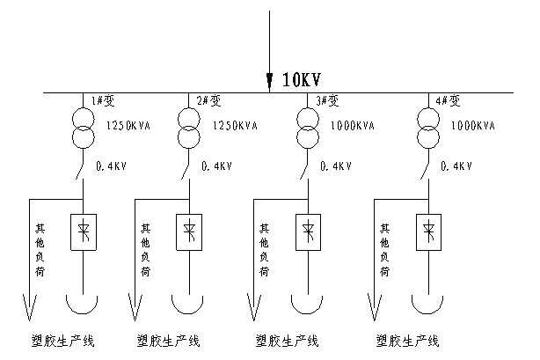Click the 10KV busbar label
pyautogui.click(x=302, y=80)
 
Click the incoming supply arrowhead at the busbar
pyautogui.click(x=270, y=82)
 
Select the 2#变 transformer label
pyautogui.click(x=208, y=99)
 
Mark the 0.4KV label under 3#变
pyautogui.click(x=336, y=165)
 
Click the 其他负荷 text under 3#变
pyautogui.click(x=263, y=250)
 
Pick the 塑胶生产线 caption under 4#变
pyautogui.click(x=407, y=340)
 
